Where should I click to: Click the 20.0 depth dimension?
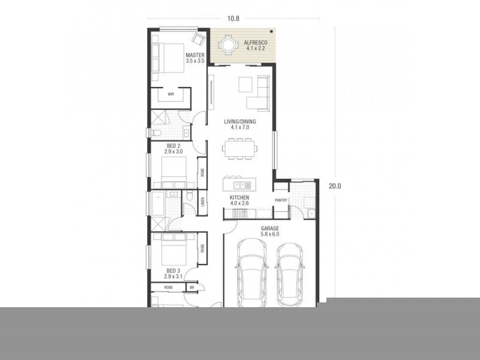point(335,185)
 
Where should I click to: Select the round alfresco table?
point(228,45)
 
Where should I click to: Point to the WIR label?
point(170,94)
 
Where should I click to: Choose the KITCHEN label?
point(239,200)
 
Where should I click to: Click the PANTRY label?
point(281,200)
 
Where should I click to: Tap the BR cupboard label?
point(192,287)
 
